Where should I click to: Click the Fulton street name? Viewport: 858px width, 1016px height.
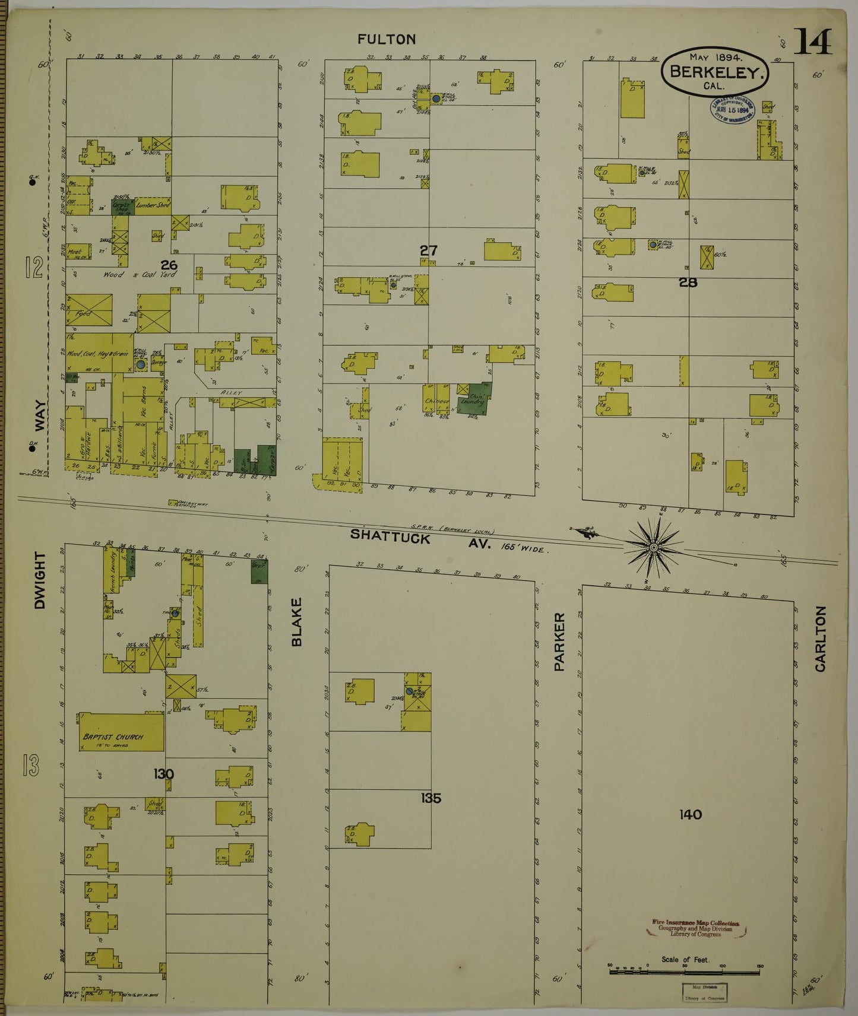(387, 39)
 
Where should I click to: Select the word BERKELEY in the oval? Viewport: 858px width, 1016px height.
(715, 72)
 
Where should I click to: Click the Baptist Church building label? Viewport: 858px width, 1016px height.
(113, 736)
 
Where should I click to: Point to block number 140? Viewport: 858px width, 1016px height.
(691, 814)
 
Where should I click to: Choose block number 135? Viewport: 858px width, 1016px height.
(431, 798)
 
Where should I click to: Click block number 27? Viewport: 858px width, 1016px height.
(429, 250)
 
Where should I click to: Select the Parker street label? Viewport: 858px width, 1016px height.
(559, 642)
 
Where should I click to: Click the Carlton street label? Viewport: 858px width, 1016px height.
(820, 639)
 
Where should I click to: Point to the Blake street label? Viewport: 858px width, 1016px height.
(297, 621)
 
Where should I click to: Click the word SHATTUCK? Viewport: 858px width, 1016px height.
(390, 535)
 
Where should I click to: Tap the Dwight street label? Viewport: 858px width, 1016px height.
(40, 580)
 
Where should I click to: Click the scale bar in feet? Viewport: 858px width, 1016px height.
(685, 966)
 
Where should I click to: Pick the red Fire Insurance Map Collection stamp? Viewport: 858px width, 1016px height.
(695, 928)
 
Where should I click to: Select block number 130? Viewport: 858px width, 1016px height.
(163, 774)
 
